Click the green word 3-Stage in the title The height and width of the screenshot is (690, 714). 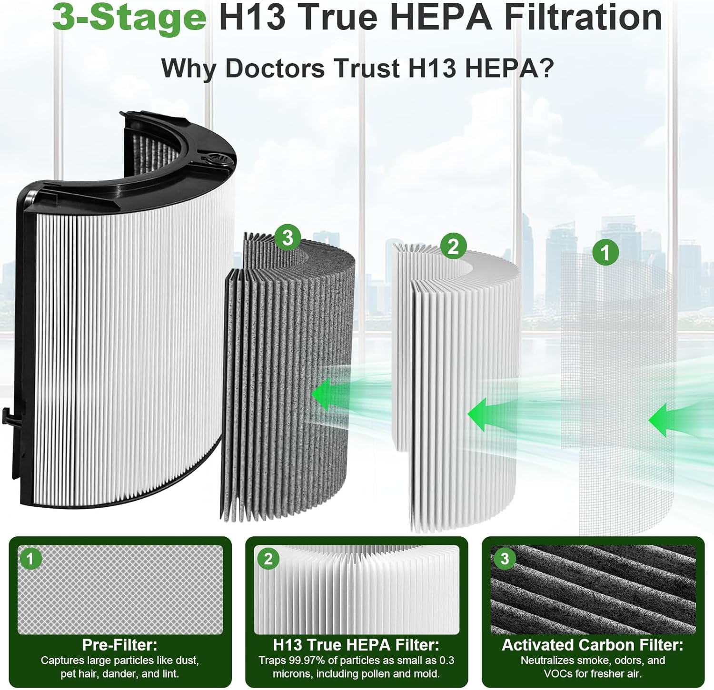click(129, 18)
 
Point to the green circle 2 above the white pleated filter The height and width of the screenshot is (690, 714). click(453, 246)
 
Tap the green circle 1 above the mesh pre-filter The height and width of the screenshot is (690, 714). click(605, 252)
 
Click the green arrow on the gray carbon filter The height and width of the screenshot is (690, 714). click(328, 394)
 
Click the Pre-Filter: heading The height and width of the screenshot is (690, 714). click(119, 645)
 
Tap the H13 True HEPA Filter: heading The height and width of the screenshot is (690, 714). click(356, 645)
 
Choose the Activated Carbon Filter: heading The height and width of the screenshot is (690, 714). click(593, 645)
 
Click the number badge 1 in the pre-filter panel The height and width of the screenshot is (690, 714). click(30, 559)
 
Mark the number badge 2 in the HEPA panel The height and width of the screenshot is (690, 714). click(268, 559)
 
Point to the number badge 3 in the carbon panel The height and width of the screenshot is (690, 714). click(505, 559)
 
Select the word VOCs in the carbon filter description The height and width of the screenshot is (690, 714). click(559, 674)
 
